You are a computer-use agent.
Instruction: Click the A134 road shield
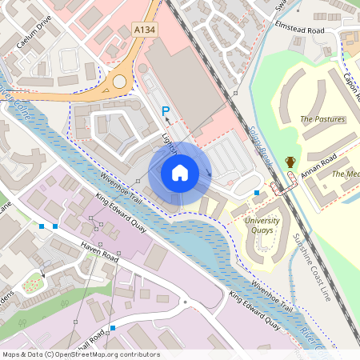point(144,29)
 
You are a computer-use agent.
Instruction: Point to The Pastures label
point(322,119)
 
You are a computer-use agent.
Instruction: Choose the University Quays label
point(262,225)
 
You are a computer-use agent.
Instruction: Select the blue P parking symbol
point(166,111)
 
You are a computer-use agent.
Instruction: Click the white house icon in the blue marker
point(180,172)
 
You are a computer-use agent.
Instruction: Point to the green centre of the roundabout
point(120,82)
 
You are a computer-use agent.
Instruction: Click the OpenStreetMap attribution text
point(80,354)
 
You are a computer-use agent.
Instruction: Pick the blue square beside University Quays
point(256,193)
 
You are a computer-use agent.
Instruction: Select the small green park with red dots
point(34,282)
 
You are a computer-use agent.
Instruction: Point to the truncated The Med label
point(346,174)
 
